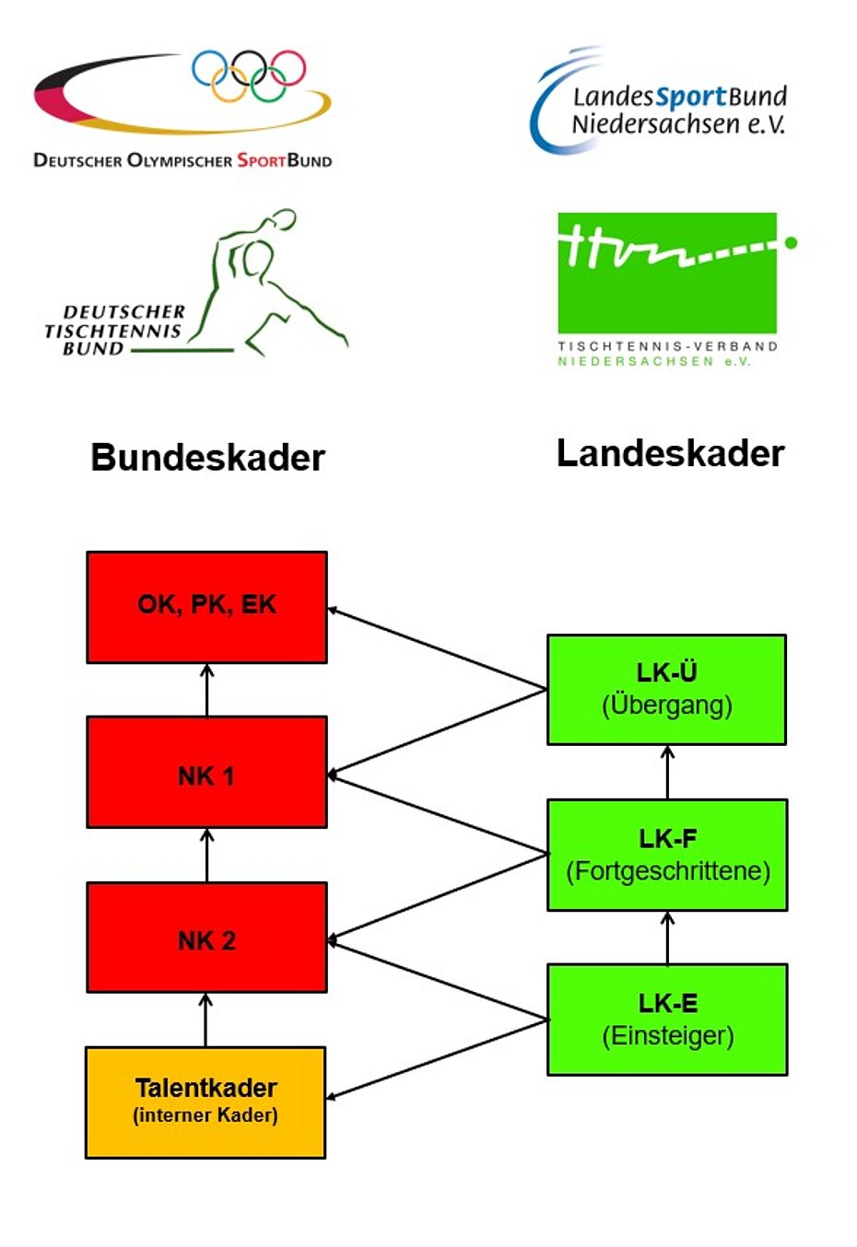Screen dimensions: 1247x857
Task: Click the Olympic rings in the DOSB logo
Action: pos(249,75)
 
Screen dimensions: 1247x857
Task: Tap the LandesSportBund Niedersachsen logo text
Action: pos(678,111)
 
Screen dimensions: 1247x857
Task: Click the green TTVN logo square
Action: pos(667,273)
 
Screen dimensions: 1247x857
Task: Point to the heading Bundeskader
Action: pos(207,458)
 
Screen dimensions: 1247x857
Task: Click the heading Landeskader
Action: pos(670,453)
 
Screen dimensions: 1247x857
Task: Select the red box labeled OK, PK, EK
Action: pos(206,607)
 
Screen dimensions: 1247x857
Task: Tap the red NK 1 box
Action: pos(206,772)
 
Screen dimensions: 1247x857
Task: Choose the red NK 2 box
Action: pos(206,937)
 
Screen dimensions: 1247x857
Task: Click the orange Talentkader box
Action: pos(205,1101)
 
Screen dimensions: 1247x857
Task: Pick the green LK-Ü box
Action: pos(666,689)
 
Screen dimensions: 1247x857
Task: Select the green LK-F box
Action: pos(667,855)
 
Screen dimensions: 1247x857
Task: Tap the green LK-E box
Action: pos(667,1020)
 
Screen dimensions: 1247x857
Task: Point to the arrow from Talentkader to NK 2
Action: pos(205,1020)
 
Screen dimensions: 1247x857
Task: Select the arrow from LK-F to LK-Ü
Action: pos(667,772)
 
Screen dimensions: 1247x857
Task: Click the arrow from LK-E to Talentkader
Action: pos(437,1059)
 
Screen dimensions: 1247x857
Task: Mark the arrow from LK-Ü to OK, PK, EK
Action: pos(437,648)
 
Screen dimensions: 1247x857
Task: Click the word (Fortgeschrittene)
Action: pos(668,871)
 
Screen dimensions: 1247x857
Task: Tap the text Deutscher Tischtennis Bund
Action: pos(114,330)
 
